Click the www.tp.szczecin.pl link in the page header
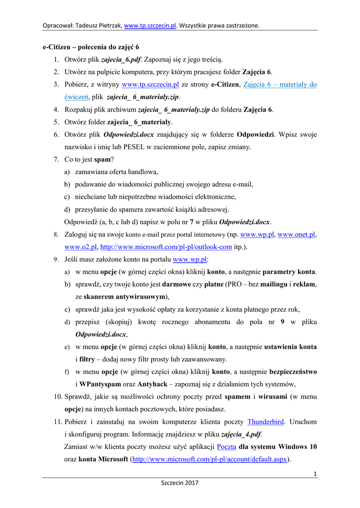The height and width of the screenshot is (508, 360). [x=150, y=25]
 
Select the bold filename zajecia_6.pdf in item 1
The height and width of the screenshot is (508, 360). [x=122, y=60]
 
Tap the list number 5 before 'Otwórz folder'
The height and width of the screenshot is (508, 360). [x=57, y=122]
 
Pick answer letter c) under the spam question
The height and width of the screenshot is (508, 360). [x=67, y=197]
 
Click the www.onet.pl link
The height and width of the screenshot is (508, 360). [x=297, y=234]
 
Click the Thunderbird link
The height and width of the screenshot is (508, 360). [x=266, y=422]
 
